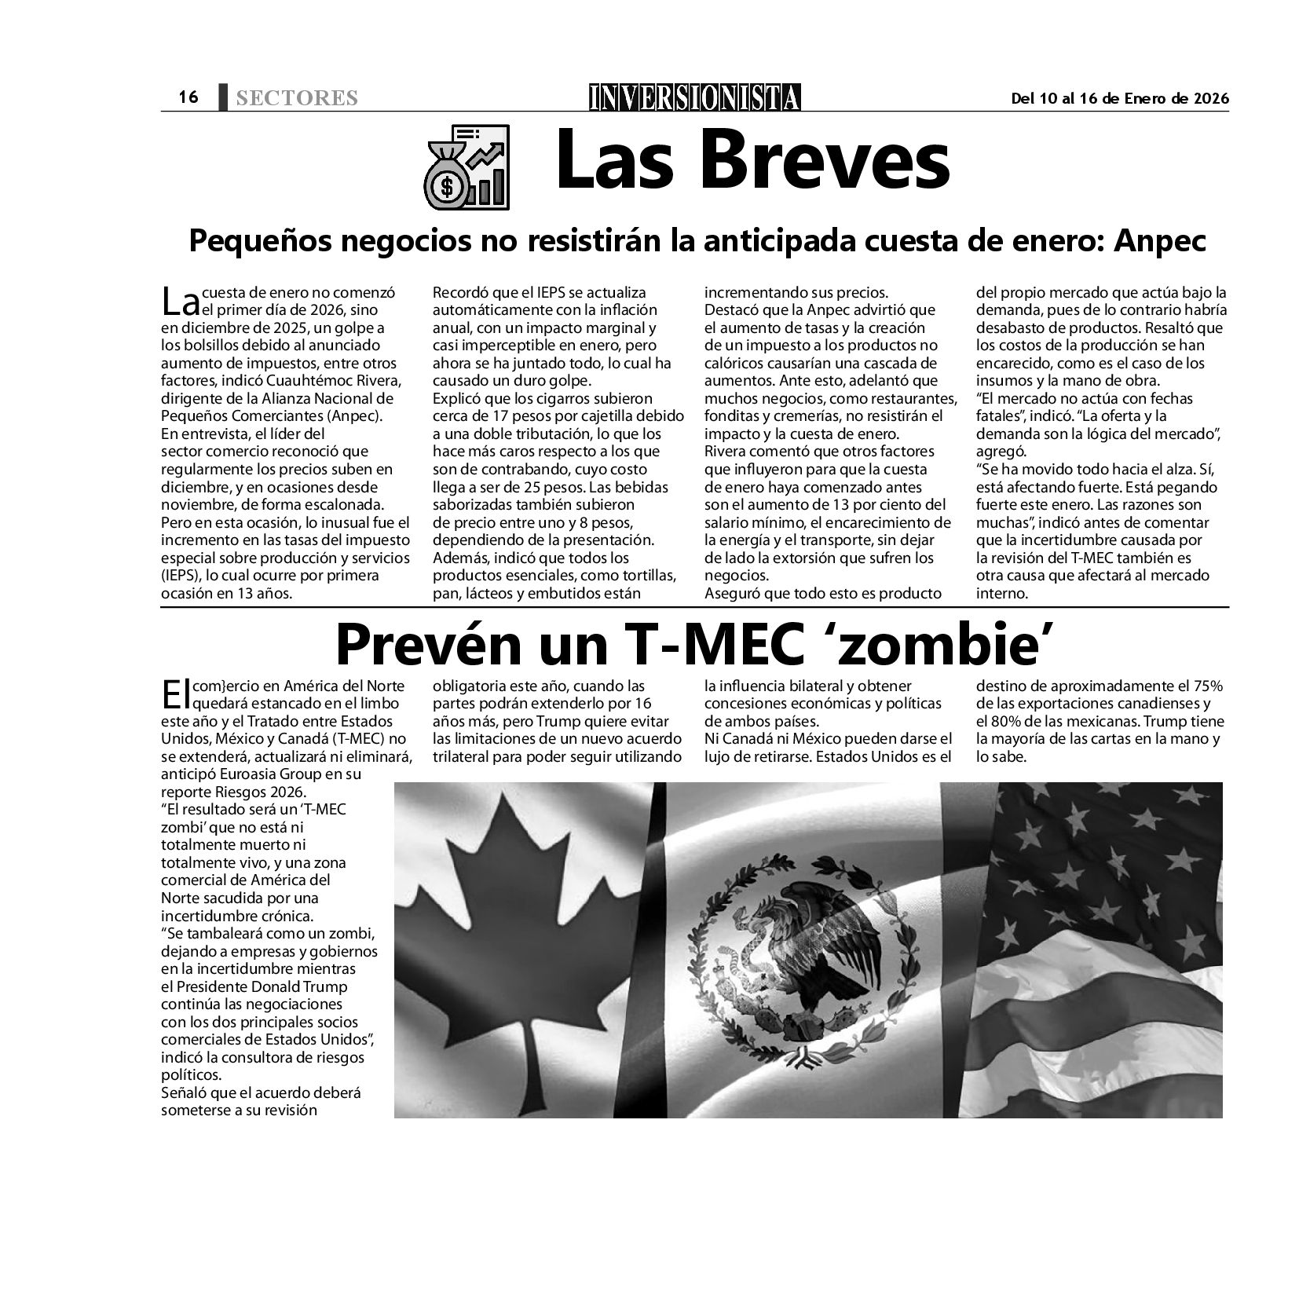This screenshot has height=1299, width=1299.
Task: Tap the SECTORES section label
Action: click(296, 98)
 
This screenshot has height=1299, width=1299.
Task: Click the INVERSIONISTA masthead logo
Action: click(695, 97)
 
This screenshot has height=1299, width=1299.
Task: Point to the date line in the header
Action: click(1119, 98)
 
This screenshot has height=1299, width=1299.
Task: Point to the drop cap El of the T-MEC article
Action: click(172, 694)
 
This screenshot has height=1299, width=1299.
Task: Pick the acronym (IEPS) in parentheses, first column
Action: click(182, 576)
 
